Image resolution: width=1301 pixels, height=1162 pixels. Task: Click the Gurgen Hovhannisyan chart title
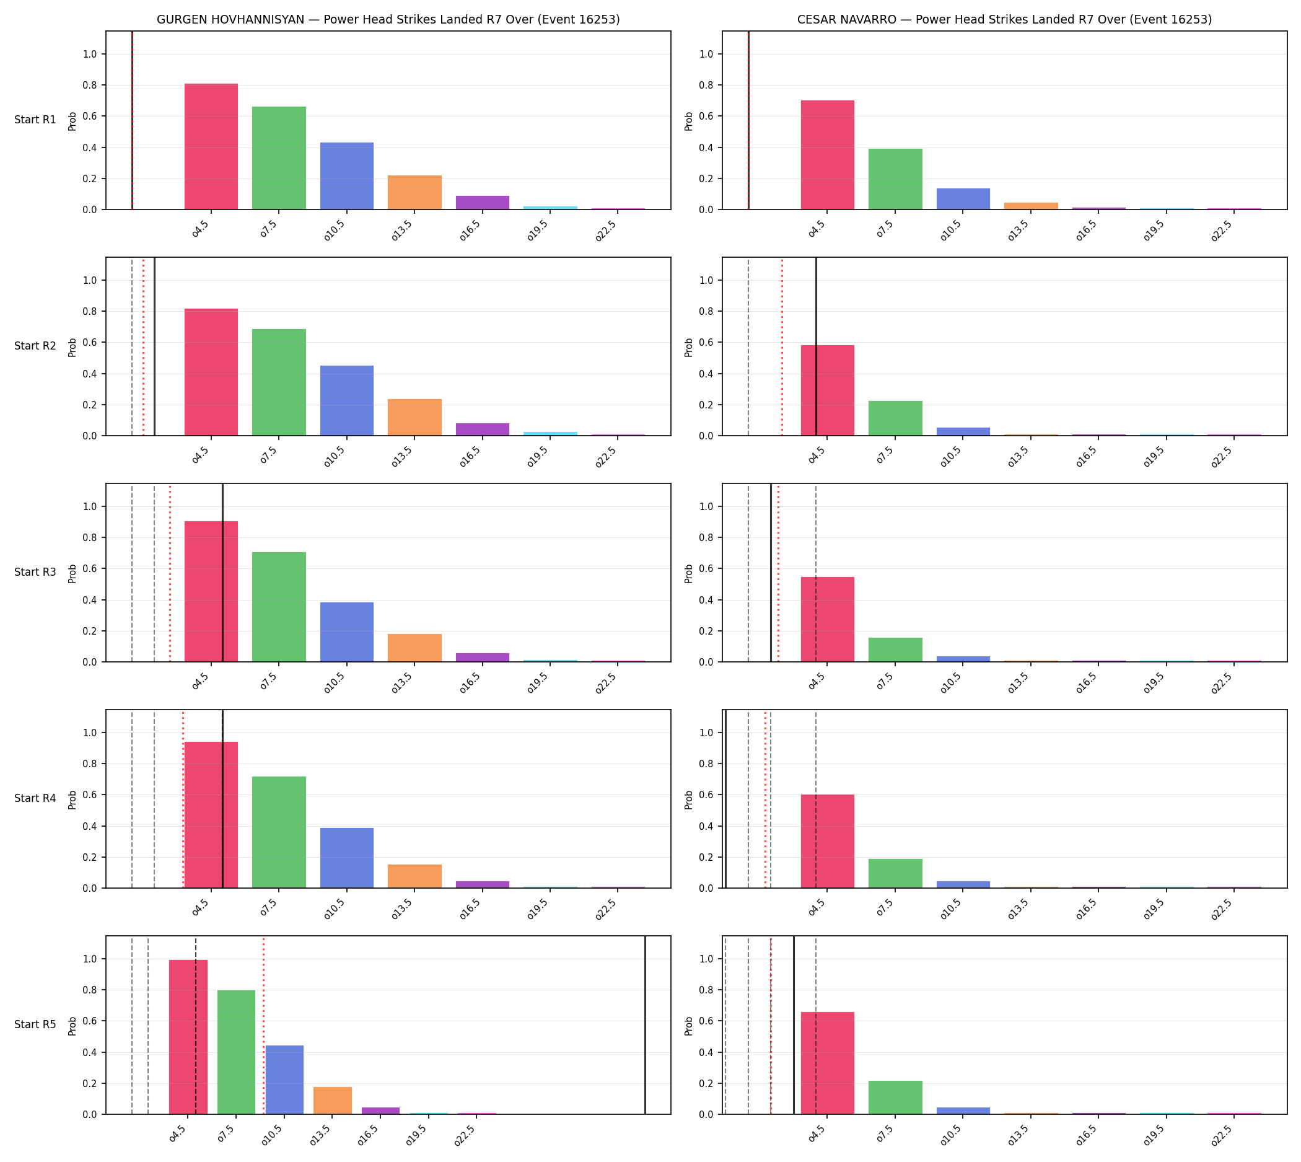(388, 19)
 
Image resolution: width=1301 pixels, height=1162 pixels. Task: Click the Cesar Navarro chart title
(1004, 19)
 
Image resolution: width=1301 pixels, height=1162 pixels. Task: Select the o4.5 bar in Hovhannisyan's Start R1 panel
(211, 146)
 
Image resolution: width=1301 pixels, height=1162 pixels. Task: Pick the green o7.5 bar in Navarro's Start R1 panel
(895, 178)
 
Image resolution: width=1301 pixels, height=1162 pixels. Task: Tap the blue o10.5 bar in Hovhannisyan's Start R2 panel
(347, 400)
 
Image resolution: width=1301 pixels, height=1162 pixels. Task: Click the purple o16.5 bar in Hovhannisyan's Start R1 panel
(483, 203)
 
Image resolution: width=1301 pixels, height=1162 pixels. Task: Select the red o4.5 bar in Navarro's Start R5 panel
(827, 1063)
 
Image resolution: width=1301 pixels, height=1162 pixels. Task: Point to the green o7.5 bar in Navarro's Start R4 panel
(895, 873)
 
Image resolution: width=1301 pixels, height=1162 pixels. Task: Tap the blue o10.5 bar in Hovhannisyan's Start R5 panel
(285, 1080)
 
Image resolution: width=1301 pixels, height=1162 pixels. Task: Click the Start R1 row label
(35, 120)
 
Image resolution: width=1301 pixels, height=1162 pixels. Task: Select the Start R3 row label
(35, 572)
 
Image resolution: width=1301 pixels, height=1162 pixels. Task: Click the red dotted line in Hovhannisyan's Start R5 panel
(264, 1026)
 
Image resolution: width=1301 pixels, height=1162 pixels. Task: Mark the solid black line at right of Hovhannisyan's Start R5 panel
(645, 1026)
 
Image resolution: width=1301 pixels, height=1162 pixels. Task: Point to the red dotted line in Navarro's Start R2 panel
(782, 346)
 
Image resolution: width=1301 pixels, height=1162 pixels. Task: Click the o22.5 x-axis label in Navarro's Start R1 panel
(1221, 231)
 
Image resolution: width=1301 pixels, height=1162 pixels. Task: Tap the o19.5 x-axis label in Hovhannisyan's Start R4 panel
(538, 909)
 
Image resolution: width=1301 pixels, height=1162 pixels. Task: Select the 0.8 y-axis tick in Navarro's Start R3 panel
(707, 537)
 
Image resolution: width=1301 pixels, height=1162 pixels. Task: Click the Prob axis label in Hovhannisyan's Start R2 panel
(72, 347)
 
